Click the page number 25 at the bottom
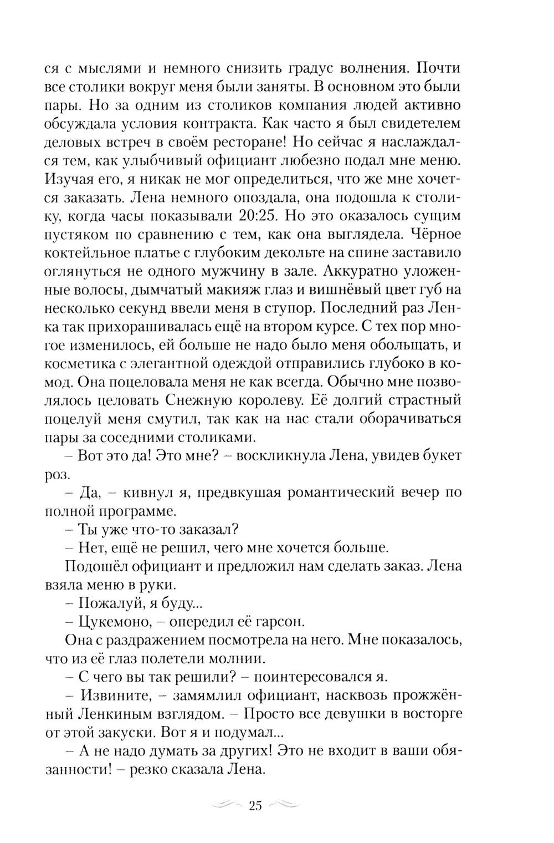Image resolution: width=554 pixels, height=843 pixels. (x=255, y=806)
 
